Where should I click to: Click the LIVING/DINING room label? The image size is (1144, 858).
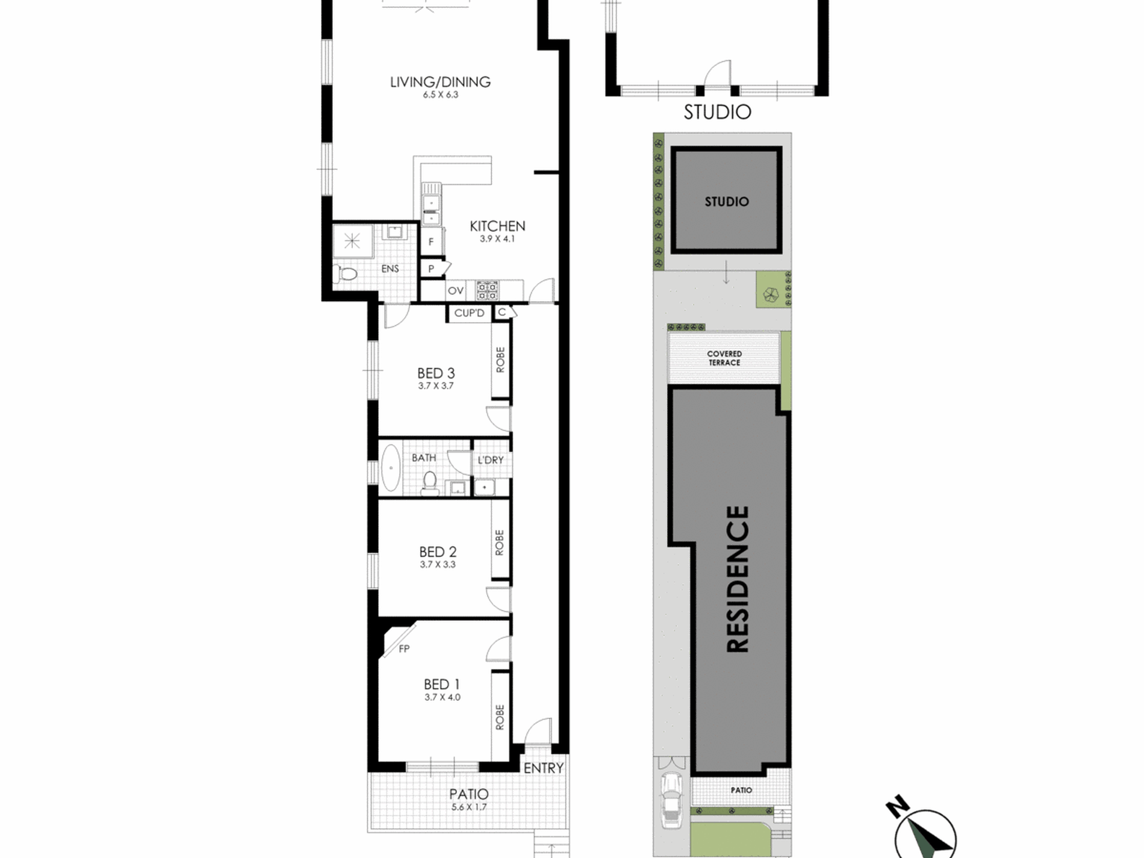[x=440, y=82]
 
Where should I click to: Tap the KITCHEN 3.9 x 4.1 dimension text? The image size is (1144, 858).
[x=497, y=239]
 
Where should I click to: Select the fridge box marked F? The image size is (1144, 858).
[x=431, y=242]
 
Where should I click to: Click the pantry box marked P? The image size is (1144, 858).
[x=431, y=269]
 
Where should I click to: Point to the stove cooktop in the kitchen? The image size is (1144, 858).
[x=487, y=290]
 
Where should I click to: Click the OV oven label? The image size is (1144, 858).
[x=456, y=291]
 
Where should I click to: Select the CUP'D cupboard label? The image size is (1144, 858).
[x=469, y=313]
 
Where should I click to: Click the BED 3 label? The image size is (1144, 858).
[x=436, y=373]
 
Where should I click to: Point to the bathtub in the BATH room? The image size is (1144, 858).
[x=391, y=468]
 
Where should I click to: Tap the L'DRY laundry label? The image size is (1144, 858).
[x=490, y=460]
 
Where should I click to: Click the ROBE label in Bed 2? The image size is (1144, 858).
[x=499, y=542]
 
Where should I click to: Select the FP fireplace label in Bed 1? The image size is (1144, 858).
[x=404, y=648]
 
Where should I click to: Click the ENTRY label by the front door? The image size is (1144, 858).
[x=543, y=768]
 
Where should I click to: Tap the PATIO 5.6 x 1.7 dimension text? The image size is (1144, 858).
[x=469, y=807]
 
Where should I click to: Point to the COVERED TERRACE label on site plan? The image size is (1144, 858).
[x=724, y=358]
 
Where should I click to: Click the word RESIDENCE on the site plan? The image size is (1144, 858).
[x=738, y=579]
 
